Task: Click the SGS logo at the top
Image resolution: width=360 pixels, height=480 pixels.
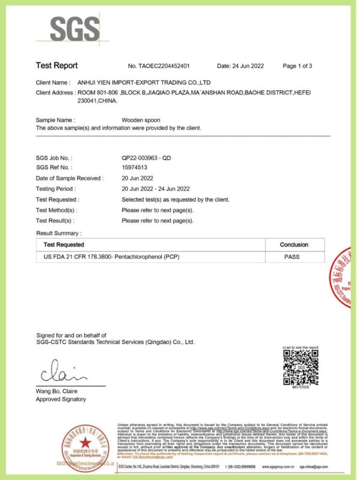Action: [x=75, y=28]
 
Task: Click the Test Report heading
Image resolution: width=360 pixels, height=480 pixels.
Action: [x=56, y=65]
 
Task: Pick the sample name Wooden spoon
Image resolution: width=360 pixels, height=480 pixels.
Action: [x=140, y=120]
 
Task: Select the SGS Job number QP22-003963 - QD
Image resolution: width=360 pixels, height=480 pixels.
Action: [x=146, y=158]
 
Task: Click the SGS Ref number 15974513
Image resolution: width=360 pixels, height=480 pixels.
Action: [x=134, y=167]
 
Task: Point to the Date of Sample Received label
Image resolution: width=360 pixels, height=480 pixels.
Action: [x=69, y=178]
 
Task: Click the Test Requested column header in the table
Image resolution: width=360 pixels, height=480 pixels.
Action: [x=64, y=245]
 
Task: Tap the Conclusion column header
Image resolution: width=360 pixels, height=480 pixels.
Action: [x=294, y=245]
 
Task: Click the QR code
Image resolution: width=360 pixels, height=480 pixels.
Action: [x=300, y=368]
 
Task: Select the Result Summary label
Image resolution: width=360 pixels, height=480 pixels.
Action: [x=58, y=233]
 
